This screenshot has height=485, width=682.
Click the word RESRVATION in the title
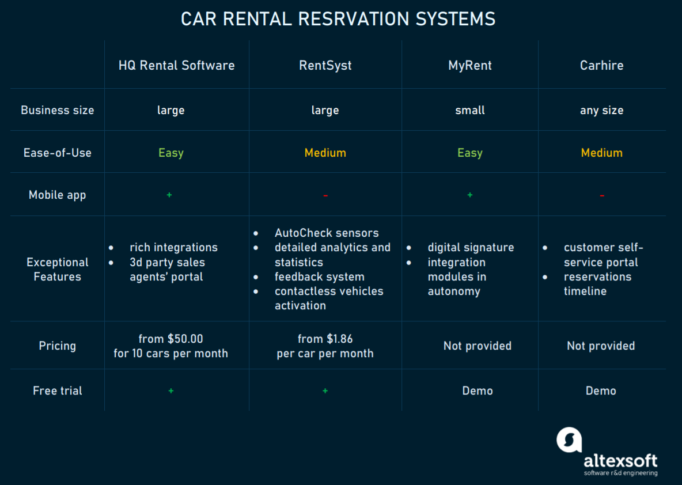[354, 19]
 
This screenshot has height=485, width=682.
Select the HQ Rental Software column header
[177, 65]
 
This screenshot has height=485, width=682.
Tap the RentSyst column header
[325, 66]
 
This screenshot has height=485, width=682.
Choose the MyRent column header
[470, 66]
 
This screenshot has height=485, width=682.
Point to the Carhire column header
[601, 65]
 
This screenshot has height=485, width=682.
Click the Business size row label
[58, 110]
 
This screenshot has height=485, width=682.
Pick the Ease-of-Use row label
[58, 153]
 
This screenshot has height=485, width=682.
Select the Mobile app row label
[58, 195]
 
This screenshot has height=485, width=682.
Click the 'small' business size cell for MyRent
[470, 110]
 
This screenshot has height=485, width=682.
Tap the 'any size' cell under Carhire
[601, 111]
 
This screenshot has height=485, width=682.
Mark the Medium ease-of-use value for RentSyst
[325, 153]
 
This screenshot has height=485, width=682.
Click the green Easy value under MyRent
[470, 153]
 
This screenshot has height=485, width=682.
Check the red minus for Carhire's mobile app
[602, 196]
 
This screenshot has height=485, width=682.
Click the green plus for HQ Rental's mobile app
[169, 195]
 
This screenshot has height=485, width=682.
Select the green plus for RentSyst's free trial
[325, 391]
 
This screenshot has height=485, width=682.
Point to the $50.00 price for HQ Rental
[185, 339]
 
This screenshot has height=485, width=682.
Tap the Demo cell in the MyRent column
[478, 391]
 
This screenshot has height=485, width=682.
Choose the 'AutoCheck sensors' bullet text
[327, 233]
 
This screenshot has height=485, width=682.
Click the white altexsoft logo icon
[569, 439]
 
